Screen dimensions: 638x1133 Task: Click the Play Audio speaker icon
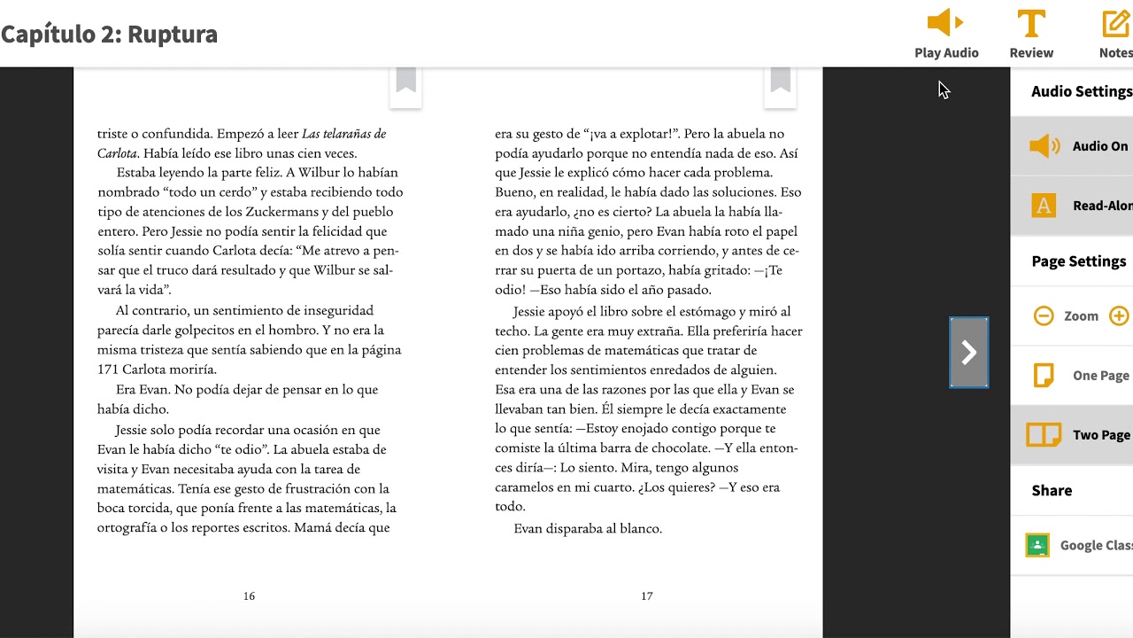[944, 23]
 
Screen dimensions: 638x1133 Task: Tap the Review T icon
[1031, 23]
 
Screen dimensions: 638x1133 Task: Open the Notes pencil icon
[1116, 23]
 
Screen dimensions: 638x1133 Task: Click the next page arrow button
[969, 353]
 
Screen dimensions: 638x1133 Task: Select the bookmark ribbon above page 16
[406, 81]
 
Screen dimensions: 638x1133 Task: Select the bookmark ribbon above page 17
[780, 81]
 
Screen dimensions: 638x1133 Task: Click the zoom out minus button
[1044, 315]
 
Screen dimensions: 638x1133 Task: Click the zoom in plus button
[1119, 315]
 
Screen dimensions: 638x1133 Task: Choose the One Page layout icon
[1044, 375]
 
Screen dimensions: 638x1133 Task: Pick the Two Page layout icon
[1044, 434]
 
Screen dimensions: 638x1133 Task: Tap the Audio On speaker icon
[1044, 146]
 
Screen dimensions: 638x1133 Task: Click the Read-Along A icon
[1044, 206]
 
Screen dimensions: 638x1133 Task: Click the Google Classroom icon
[1037, 545]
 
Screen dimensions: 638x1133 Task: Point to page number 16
[249, 596]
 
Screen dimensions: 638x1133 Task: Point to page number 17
[647, 596]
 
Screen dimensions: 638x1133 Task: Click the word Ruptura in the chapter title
[173, 35]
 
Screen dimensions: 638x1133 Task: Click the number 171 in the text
[108, 370]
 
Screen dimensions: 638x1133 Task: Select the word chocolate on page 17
[682, 448]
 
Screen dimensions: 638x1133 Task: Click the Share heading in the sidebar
[1052, 490]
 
